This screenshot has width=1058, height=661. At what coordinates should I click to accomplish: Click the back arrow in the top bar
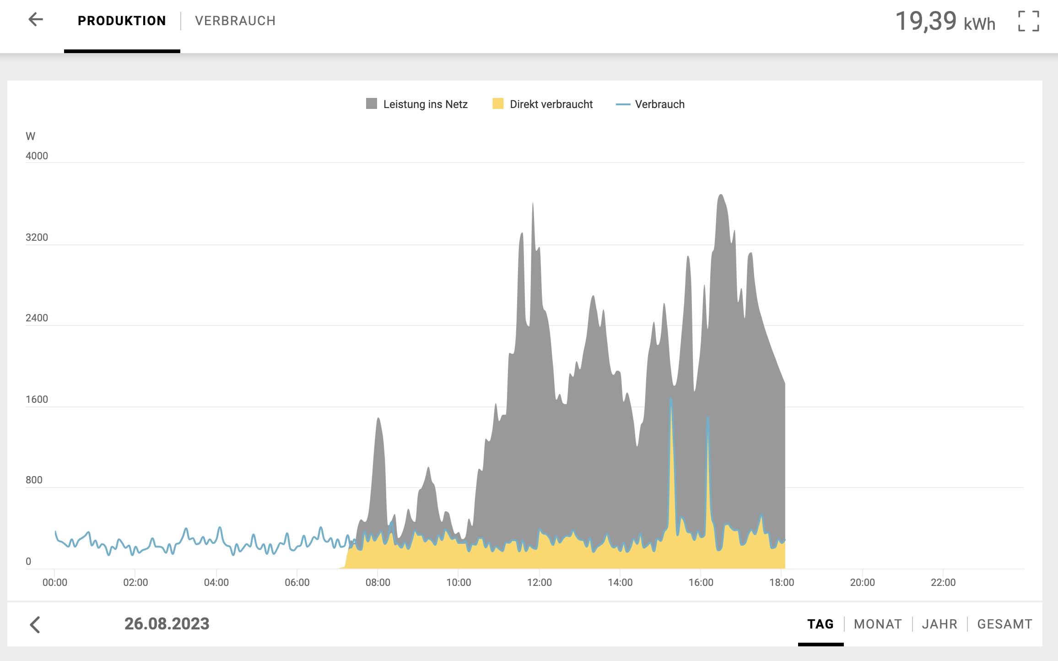pyautogui.click(x=36, y=19)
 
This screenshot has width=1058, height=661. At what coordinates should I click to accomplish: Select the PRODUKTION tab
pyautogui.click(x=122, y=21)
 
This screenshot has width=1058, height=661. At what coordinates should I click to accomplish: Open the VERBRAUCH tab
pyautogui.click(x=235, y=21)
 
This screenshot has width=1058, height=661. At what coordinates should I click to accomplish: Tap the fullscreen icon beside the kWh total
pyautogui.click(x=1029, y=21)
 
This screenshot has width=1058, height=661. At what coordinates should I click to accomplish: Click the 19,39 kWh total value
pyautogui.click(x=945, y=22)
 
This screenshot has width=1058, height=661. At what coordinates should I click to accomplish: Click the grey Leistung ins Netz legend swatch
pyautogui.click(x=372, y=103)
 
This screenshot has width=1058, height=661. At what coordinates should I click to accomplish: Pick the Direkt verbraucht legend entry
pyautogui.click(x=542, y=104)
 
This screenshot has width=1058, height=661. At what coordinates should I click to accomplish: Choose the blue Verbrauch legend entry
pyautogui.click(x=650, y=104)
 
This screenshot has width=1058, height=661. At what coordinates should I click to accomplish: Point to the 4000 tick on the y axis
pyautogui.click(x=37, y=156)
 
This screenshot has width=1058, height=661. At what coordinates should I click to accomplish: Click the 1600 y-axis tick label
pyautogui.click(x=37, y=399)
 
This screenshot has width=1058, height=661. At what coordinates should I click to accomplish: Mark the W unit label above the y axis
pyautogui.click(x=30, y=136)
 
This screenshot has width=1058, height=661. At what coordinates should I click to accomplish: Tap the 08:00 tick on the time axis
pyautogui.click(x=378, y=582)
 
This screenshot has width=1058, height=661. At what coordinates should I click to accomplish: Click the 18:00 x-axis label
pyautogui.click(x=782, y=582)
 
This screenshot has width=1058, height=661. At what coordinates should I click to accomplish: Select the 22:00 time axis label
pyautogui.click(x=943, y=582)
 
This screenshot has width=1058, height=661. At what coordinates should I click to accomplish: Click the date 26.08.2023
pyautogui.click(x=167, y=623)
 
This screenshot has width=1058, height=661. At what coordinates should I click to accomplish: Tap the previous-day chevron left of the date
pyautogui.click(x=35, y=624)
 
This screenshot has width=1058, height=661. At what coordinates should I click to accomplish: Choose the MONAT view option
pyautogui.click(x=878, y=624)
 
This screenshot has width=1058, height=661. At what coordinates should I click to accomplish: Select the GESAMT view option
pyautogui.click(x=1004, y=624)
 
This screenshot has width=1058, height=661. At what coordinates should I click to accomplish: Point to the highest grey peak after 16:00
pyautogui.click(x=721, y=195)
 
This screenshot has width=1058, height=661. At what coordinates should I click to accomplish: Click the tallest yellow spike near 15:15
pyautogui.click(x=671, y=399)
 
